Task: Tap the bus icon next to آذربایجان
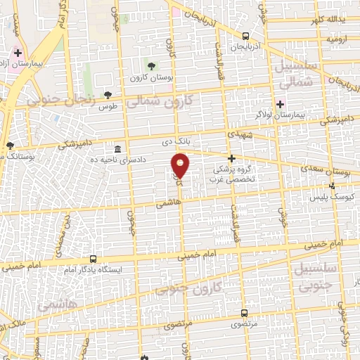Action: pyautogui.click(x=245, y=36)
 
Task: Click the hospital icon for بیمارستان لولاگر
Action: pyautogui.click(x=280, y=103)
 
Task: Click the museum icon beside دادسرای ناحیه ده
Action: pyautogui.click(x=117, y=150)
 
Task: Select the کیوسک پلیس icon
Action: pyautogui.click(x=331, y=186)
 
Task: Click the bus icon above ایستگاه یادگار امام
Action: pyautogui.click(x=94, y=259)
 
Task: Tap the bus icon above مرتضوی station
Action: pyautogui.click(x=244, y=313)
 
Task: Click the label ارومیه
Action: pyautogui.click(x=337, y=39)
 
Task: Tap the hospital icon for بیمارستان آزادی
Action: pyautogui.click(x=18, y=53)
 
